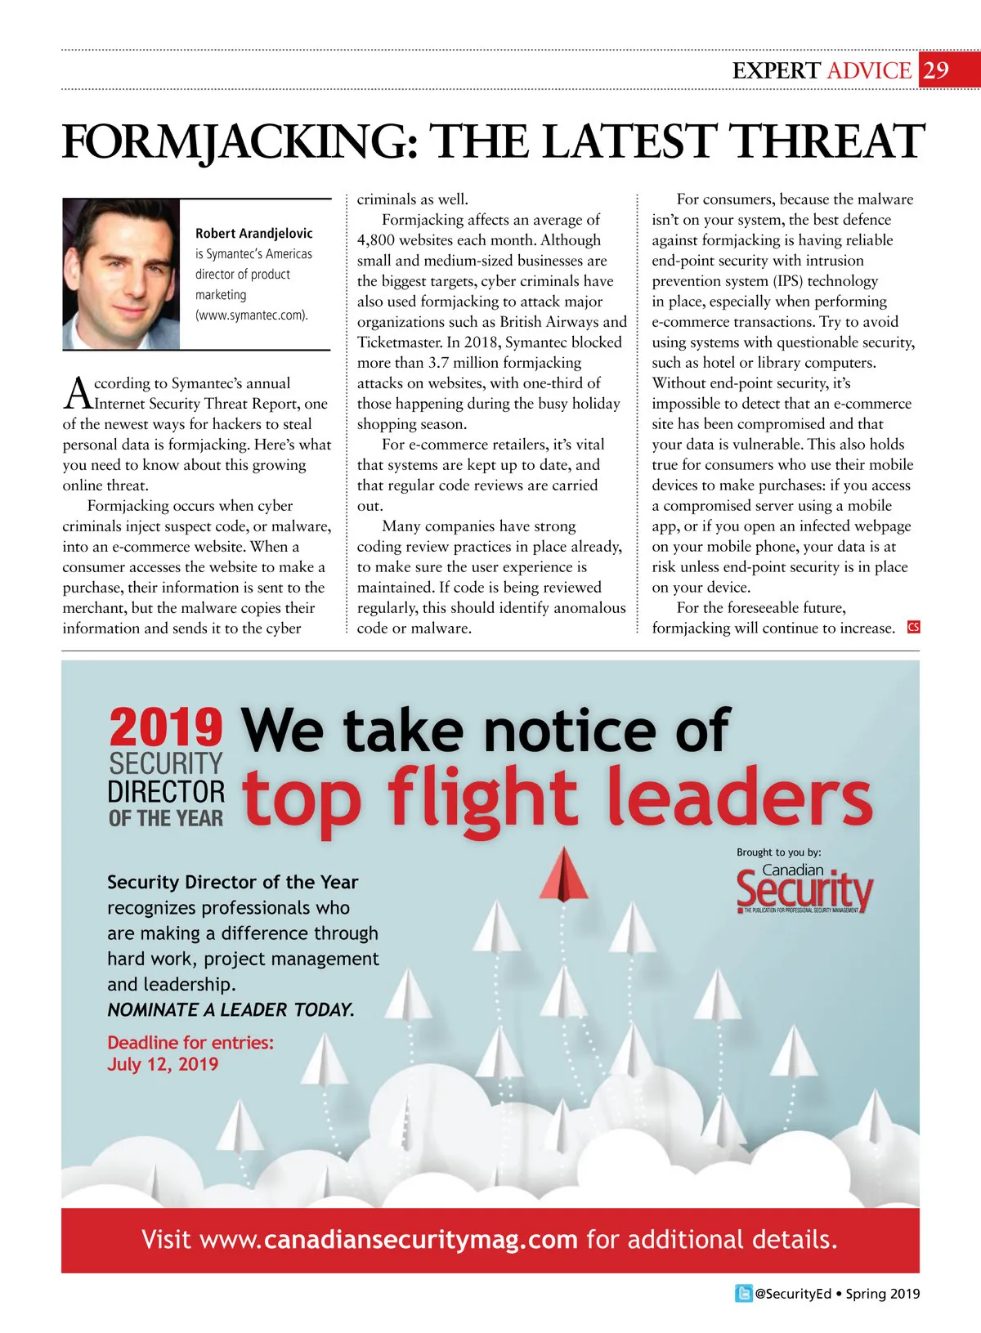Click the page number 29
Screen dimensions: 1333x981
[937, 70]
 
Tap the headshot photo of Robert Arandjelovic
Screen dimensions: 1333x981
[121, 274]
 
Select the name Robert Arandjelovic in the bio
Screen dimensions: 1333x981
[253, 234]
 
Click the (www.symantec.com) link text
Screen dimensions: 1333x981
[252, 315]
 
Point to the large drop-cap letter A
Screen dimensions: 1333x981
[78, 393]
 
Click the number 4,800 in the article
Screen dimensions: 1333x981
[377, 240]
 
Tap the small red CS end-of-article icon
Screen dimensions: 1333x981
[913, 627]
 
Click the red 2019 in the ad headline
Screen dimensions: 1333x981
[166, 727]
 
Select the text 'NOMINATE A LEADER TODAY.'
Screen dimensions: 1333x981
[231, 1010]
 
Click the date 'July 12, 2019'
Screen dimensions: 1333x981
[163, 1064]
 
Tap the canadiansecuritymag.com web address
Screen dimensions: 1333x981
[421, 1240]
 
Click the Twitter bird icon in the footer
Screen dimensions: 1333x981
[743, 1294]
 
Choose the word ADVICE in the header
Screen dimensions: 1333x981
[869, 71]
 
